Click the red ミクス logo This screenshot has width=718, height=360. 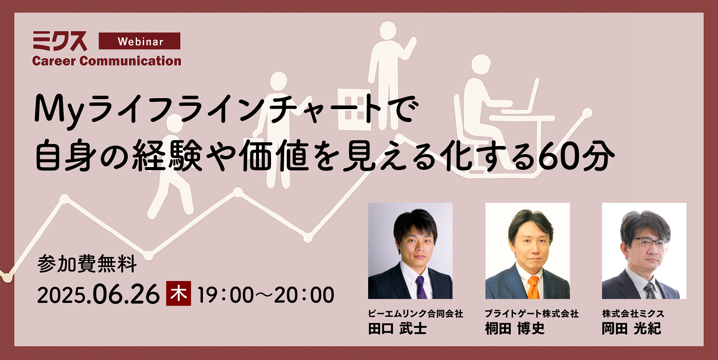tap(60, 41)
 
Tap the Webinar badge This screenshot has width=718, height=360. tap(139, 41)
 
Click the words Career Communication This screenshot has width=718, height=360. tap(107, 61)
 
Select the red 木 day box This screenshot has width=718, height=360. tap(179, 293)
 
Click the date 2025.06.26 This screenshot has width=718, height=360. tap(99, 294)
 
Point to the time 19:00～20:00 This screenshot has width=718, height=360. tap(266, 294)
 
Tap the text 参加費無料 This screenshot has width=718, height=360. tap(87, 264)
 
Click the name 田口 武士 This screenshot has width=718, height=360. tap(397, 328)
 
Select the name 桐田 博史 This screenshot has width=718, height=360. tap(515, 328)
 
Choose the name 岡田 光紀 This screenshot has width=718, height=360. tap(631, 328)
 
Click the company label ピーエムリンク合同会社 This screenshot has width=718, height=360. tap(415, 313)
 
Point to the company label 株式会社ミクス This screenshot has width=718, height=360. tap(633, 313)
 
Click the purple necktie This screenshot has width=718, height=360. tap(421, 287)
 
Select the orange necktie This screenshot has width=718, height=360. tap(533, 287)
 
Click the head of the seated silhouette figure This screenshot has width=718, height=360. tap(481, 65)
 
